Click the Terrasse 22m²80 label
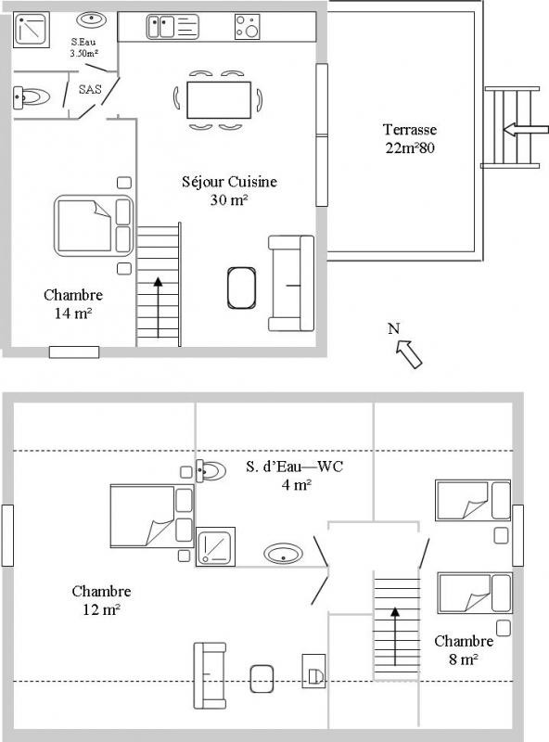(410, 138)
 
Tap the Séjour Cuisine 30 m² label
(230, 191)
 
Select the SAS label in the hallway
(90, 89)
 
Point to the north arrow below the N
(409, 354)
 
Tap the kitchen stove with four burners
(247, 27)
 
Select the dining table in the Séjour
(219, 100)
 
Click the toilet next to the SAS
(32, 97)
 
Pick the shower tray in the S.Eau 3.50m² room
(32, 31)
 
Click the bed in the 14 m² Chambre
(94, 225)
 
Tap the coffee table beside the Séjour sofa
(241, 288)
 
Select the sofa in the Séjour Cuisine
(291, 284)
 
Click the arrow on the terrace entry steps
(525, 130)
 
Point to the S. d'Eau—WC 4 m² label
(294, 476)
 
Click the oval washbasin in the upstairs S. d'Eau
(283, 553)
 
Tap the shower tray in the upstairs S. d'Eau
(216, 546)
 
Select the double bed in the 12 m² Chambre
(152, 516)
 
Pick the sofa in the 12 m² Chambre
(210, 675)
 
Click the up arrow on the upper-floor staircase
(395, 636)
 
